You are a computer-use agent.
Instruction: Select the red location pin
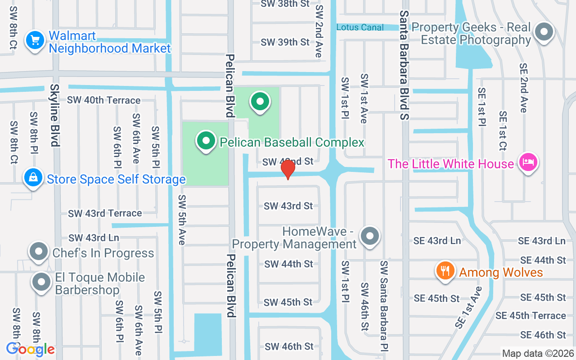click(x=288, y=169)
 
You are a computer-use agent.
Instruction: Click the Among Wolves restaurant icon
click(x=445, y=271)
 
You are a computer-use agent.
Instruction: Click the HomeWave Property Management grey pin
click(x=370, y=235)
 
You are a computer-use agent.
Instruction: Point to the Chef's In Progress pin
click(x=39, y=252)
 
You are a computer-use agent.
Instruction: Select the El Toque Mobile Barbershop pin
click(x=42, y=283)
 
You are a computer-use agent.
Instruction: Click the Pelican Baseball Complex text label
click(x=292, y=143)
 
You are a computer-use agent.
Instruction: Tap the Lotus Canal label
click(x=360, y=27)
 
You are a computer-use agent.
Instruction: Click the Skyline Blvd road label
click(x=55, y=115)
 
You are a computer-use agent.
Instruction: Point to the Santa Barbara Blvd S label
click(x=405, y=65)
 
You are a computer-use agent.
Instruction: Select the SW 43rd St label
click(x=288, y=206)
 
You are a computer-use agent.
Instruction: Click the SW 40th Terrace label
click(x=103, y=100)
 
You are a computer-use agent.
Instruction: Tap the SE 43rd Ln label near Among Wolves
click(x=437, y=241)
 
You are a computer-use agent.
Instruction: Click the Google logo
click(x=30, y=349)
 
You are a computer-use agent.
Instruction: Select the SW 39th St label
click(x=285, y=42)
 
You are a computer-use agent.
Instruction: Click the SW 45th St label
click(x=288, y=302)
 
